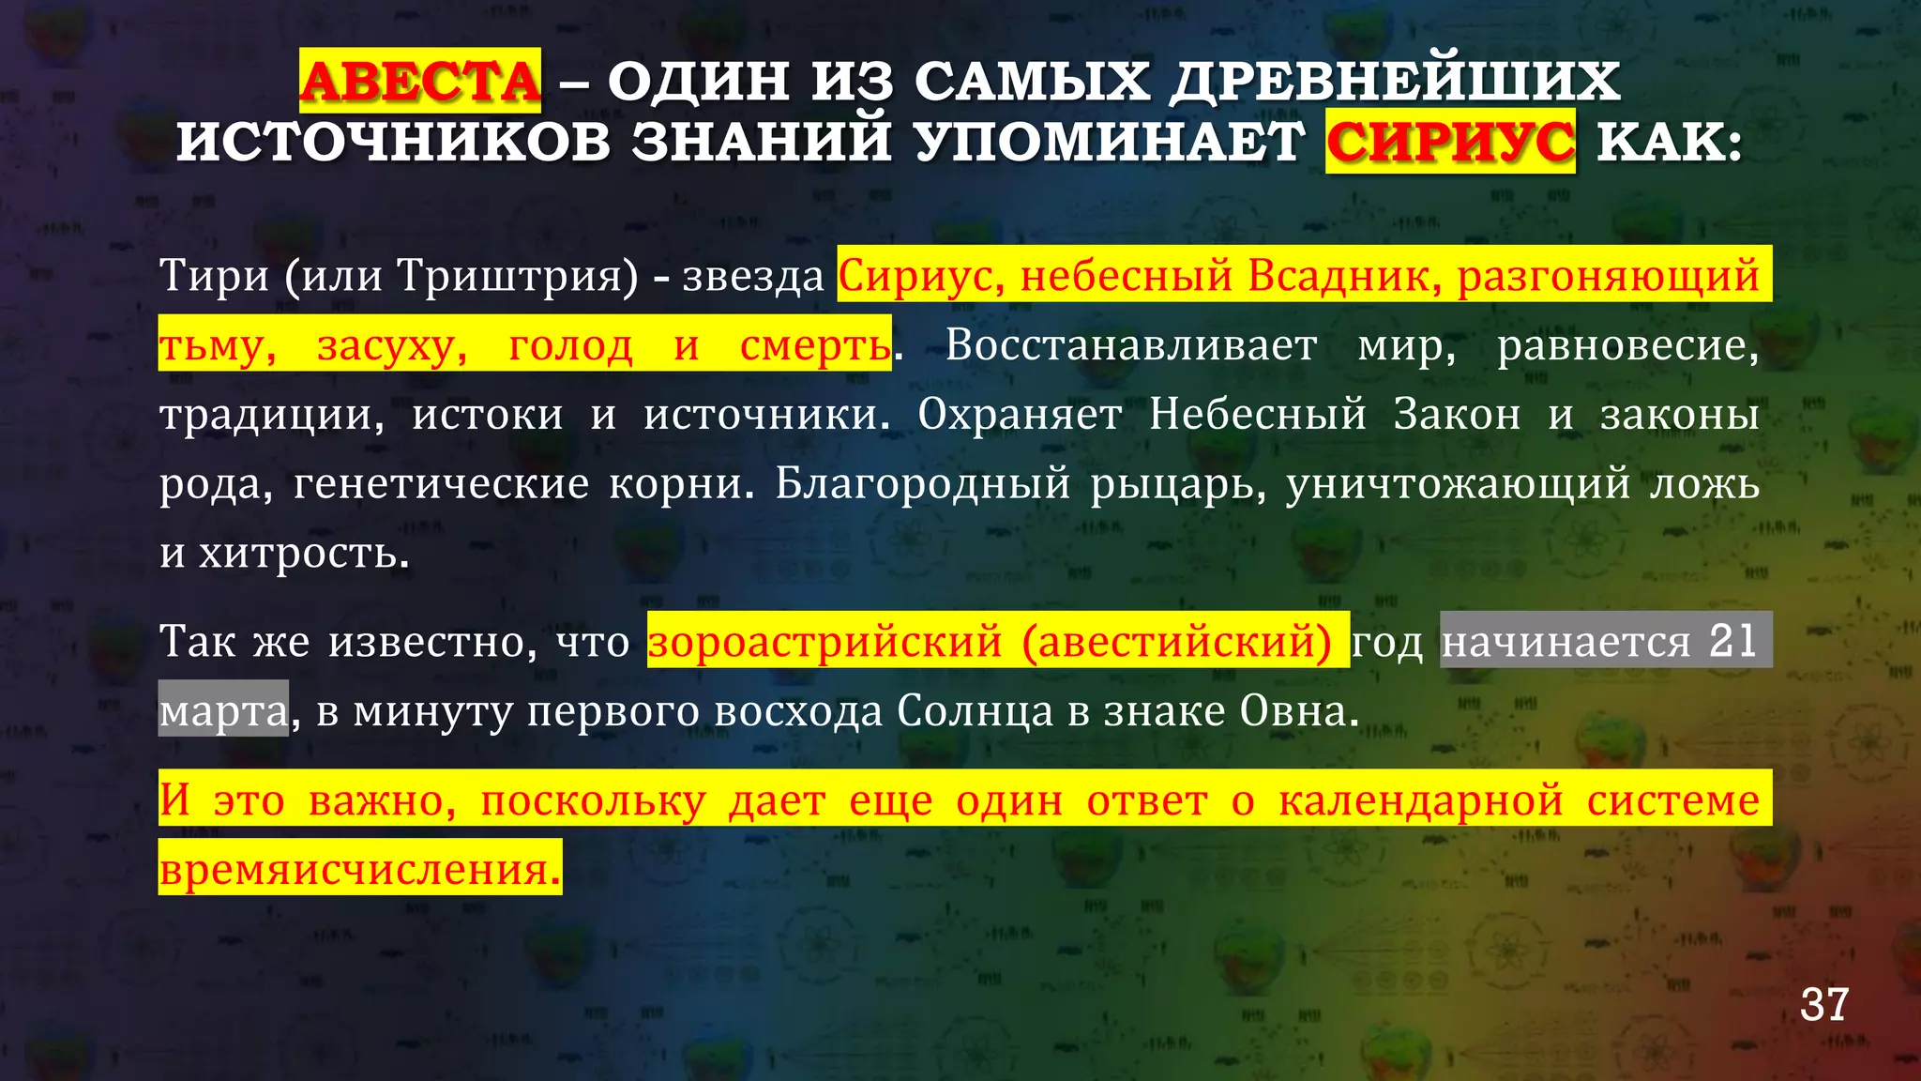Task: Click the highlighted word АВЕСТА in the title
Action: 420,81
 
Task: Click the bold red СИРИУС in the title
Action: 1450,142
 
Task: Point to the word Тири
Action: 214,276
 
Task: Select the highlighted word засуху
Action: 392,345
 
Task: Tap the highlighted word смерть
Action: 814,345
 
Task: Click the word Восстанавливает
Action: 1130,345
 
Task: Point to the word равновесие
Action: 1627,345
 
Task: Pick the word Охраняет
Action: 1020,414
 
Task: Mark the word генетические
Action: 441,483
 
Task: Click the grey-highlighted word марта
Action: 223,711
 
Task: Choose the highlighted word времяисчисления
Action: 359,869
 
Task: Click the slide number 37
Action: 1823,1005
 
